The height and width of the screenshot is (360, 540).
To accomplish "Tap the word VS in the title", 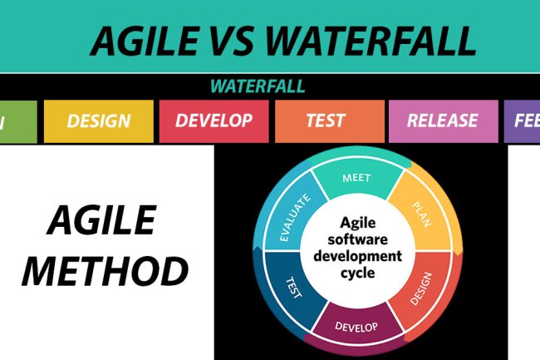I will pos(239,40).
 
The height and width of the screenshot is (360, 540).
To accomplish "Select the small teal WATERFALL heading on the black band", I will pos(257,86).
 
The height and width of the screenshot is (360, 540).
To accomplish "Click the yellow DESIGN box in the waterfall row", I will pos(98,121).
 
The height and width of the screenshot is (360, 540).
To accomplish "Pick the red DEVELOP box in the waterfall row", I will pos(214,121).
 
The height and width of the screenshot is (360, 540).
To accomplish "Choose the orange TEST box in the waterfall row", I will pos(325,121).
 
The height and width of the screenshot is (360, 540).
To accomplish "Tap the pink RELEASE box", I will pos(442,121).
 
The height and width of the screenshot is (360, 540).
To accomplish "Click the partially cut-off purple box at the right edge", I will pos(522,121).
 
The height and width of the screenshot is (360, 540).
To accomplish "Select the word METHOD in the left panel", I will pos(105,271).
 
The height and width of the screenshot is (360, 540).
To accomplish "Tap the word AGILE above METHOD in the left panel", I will pos(102,221).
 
